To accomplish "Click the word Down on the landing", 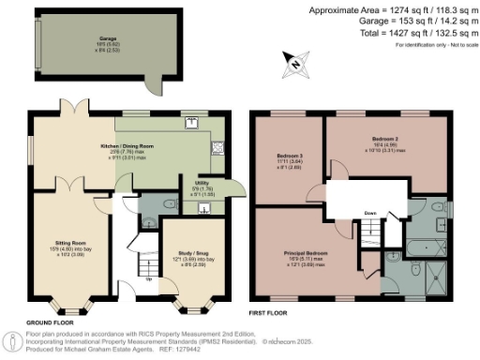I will coord(372,212).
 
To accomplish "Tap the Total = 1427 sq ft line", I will coord(400,32).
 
